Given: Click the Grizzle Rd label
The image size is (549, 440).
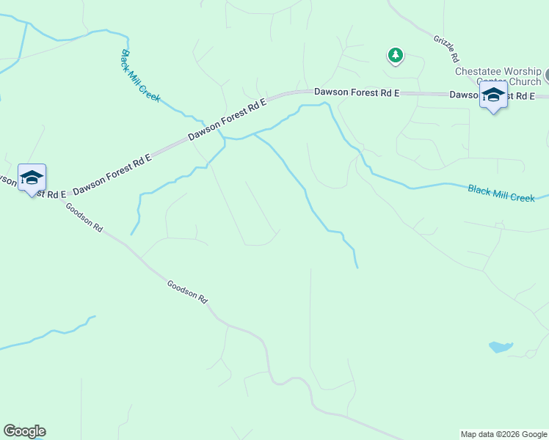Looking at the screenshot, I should tap(446, 48).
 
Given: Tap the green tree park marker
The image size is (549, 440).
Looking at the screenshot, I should tap(396, 55).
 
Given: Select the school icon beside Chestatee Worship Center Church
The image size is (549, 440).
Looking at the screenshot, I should tap(493, 95).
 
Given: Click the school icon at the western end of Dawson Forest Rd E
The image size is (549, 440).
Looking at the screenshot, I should tap(32, 177).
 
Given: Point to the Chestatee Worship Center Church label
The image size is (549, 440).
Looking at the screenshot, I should tap(498, 76).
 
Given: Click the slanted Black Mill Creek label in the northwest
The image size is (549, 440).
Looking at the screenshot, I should tap(140, 76).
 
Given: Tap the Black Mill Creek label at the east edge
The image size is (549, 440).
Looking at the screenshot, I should tap(501, 194).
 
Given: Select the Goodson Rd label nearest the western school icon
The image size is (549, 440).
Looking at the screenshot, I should tap(84, 218).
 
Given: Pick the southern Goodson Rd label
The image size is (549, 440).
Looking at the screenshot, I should tap(187, 291).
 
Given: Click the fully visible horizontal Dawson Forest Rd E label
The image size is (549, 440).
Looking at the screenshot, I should tap(357, 92).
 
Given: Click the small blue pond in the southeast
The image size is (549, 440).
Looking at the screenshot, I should tap(501, 346).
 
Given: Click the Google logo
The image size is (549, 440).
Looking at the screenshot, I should tap(24, 431).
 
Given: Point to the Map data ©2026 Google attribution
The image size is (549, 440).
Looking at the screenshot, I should tap(503, 434).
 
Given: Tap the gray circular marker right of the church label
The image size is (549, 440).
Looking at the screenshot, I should tap(547, 75).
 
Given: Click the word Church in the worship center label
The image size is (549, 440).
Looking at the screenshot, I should tap(521, 81).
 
